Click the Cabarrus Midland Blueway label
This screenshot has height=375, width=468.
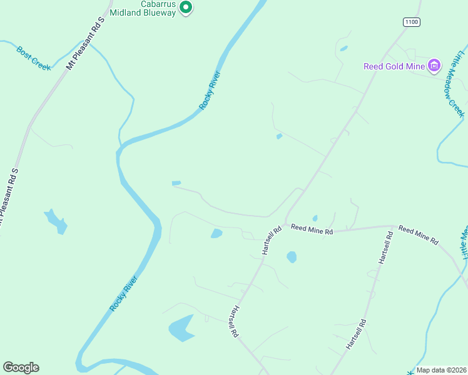click(x=142, y=8)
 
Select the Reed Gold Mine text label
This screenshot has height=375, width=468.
click(x=394, y=66)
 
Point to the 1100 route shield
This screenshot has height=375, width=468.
click(x=411, y=22)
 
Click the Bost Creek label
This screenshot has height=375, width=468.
click(x=34, y=58)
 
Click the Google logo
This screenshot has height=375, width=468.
click(x=21, y=367)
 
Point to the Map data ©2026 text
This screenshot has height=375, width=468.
click(x=441, y=370)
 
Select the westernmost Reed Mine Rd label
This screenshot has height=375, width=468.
click(x=312, y=230)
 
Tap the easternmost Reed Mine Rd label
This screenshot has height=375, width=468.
click(x=419, y=235)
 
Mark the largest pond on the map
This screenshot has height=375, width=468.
click(x=181, y=328)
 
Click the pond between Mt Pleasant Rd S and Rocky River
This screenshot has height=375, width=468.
click(x=56, y=221)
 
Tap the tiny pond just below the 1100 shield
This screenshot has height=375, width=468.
click(x=343, y=48)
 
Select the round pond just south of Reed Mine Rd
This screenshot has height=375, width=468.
click(x=292, y=256)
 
